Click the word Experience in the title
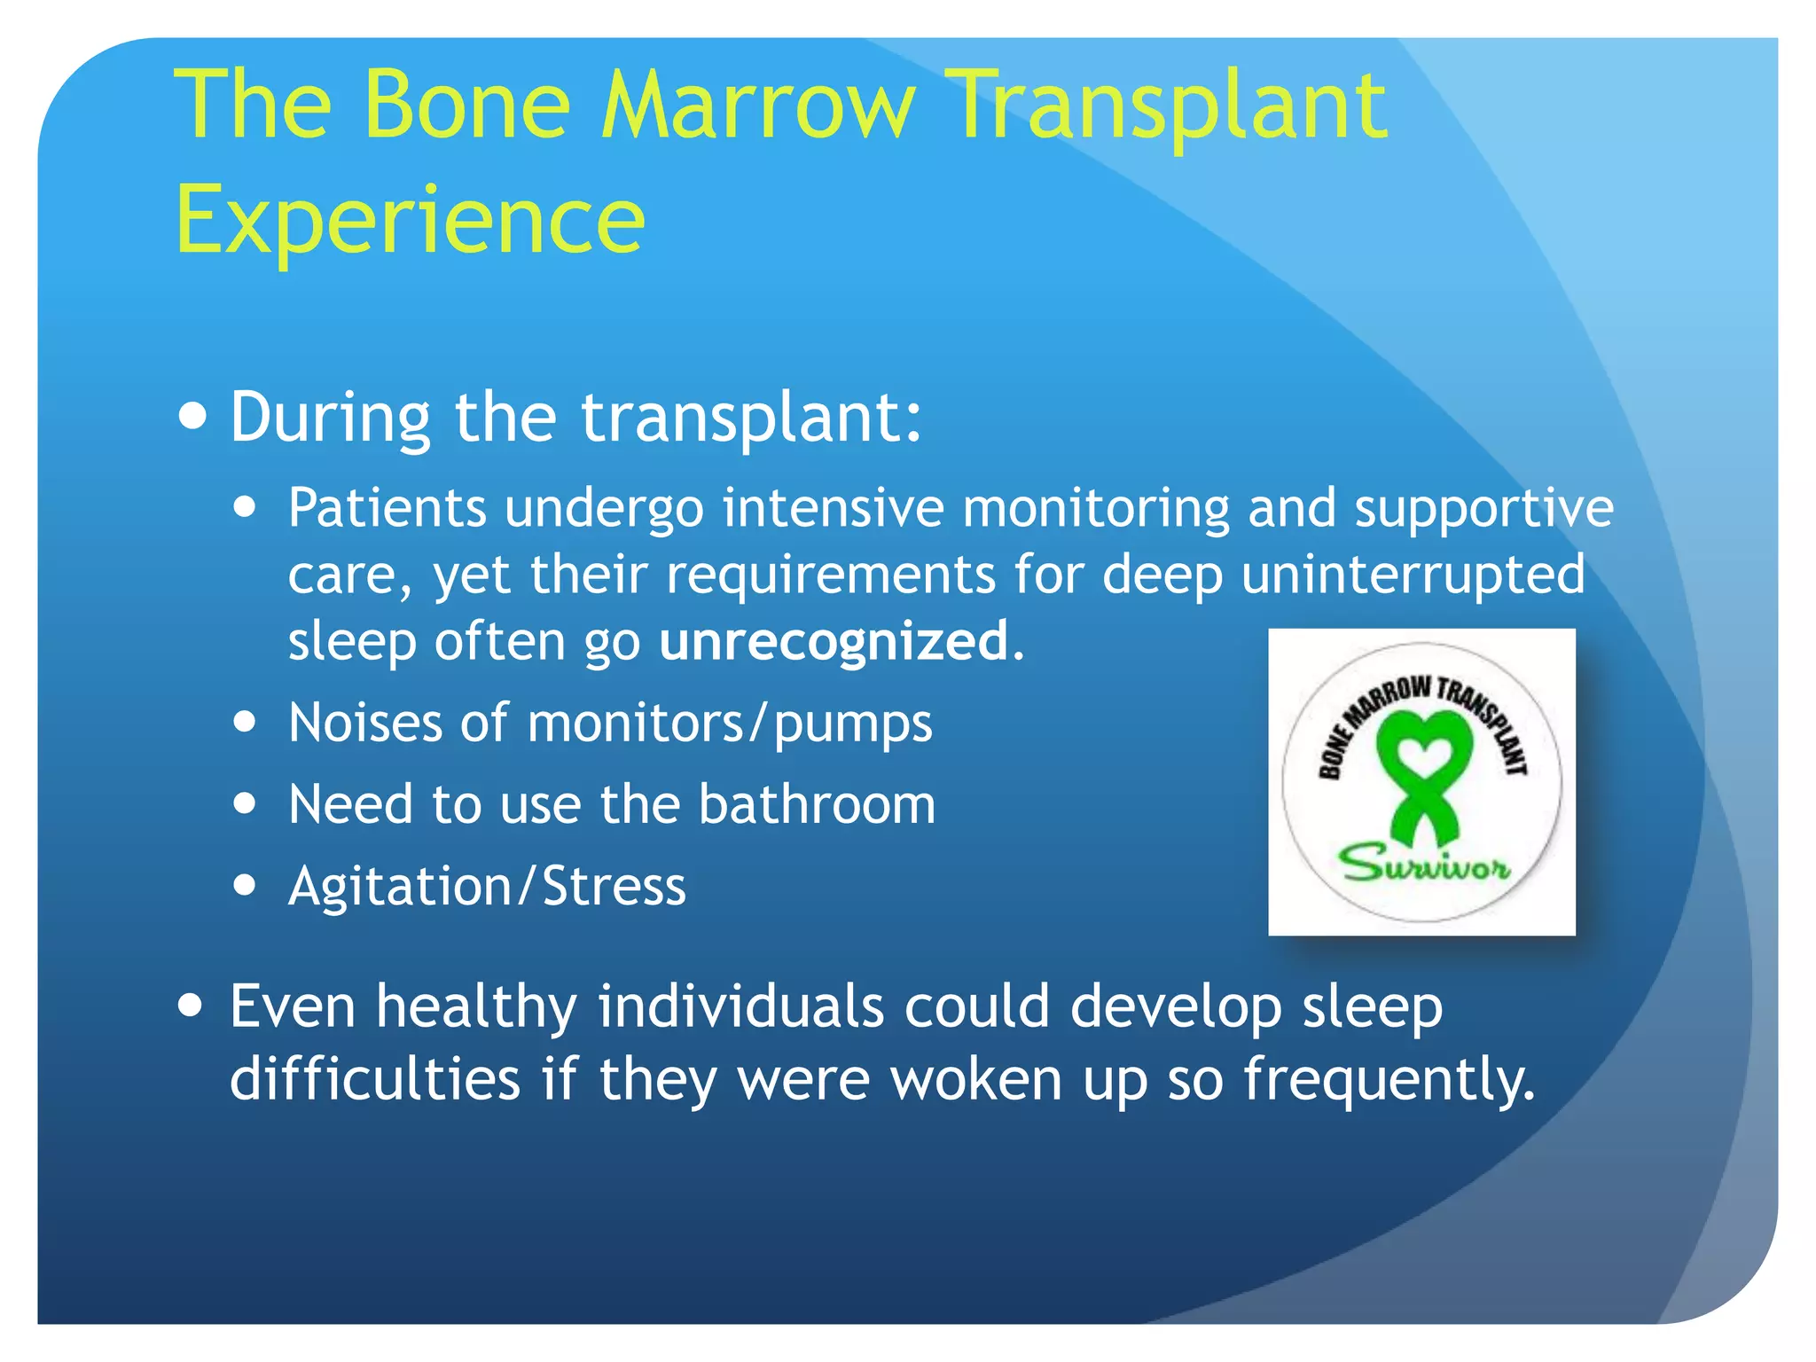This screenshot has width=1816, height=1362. click(x=410, y=220)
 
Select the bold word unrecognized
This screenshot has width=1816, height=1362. click(x=834, y=641)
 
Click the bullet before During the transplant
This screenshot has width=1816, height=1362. click(x=192, y=416)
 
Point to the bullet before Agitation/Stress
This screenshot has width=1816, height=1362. click(x=245, y=884)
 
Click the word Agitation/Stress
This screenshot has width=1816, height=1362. click(x=487, y=886)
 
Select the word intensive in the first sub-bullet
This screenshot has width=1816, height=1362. click(x=833, y=508)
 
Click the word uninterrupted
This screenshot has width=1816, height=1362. click(x=1413, y=575)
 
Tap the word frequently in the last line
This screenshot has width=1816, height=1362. click(x=1388, y=1080)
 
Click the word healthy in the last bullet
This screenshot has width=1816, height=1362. click(x=476, y=1007)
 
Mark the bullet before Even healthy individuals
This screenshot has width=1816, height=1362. click(x=191, y=1006)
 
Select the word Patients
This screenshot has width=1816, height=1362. click(x=387, y=508)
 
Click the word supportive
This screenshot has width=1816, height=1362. click(x=1483, y=510)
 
